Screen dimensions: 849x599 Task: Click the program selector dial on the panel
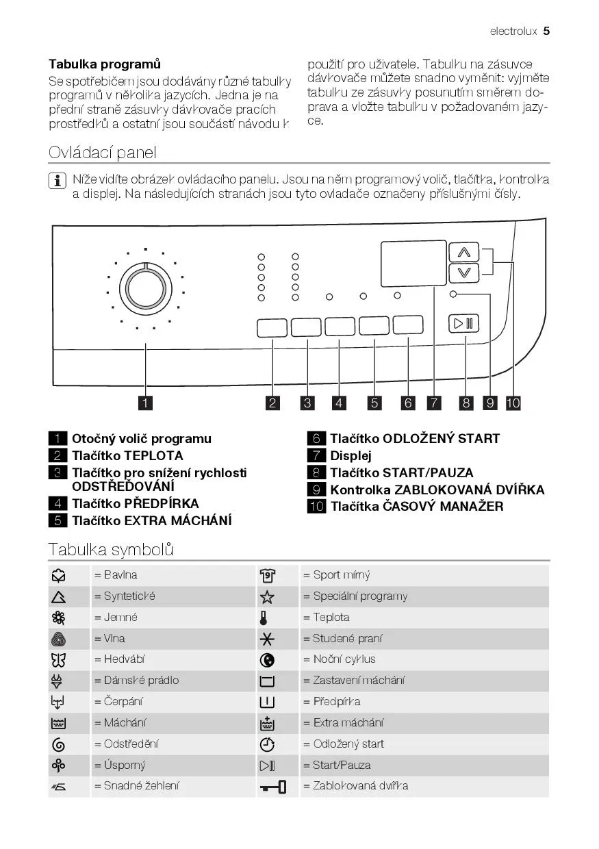(x=146, y=287)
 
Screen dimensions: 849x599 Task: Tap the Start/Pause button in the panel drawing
(x=464, y=322)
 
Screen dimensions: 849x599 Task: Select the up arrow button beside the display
(x=463, y=253)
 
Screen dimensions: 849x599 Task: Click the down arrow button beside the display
(x=463, y=273)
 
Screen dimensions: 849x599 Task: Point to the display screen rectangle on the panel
(x=413, y=264)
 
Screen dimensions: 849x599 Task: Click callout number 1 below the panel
(x=145, y=403)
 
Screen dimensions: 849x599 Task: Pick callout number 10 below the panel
(x=513, y=403)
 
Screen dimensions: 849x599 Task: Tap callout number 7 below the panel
(x=434, y=403)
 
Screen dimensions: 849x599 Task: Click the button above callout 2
(x=272, y=328)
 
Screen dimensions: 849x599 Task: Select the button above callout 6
(x=408, y=325)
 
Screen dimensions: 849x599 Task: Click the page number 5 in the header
(x=546, y=31)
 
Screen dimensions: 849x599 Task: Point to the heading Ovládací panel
(x=103, y=152)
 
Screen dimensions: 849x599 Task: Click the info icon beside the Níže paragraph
(x=57, y=181)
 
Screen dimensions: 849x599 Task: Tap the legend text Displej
(x=351, y=456)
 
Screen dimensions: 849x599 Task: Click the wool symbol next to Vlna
(x=58, y=639)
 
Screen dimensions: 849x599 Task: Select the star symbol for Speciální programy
(x=267, y=597)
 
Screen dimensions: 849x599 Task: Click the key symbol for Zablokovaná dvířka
(x=272, y=787)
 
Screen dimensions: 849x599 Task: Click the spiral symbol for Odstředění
(x=58, y=744)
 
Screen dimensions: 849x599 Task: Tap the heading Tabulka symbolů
(x=111, y=549)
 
